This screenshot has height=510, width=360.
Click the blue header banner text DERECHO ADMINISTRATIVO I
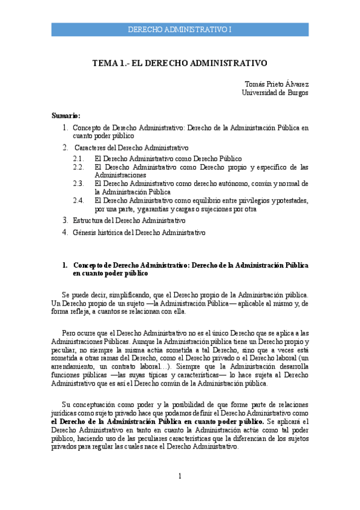pyautogui.click(x=180, y=29)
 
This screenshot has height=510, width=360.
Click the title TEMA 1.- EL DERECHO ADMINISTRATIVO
pyautogui.click(x=180, y=63)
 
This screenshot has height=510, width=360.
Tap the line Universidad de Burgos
pyautogui.click(x=275, y=93)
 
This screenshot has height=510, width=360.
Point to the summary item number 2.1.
pyautogui.click(x=78, y=159)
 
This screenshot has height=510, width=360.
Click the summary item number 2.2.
pyautogui.click(x=78, y=167)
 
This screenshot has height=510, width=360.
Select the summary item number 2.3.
pyautogui.click(x=78, y=183)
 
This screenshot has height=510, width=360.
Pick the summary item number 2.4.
pyautogui.click(x=78, y=200)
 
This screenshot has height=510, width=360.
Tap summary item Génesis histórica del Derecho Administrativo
pyautogui.click(x=139, y=232)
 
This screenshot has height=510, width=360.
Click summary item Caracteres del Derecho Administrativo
pyautogui.click(x=132, y=147)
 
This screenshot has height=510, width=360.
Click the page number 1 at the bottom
pyautogui.click(x=179, y=477)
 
